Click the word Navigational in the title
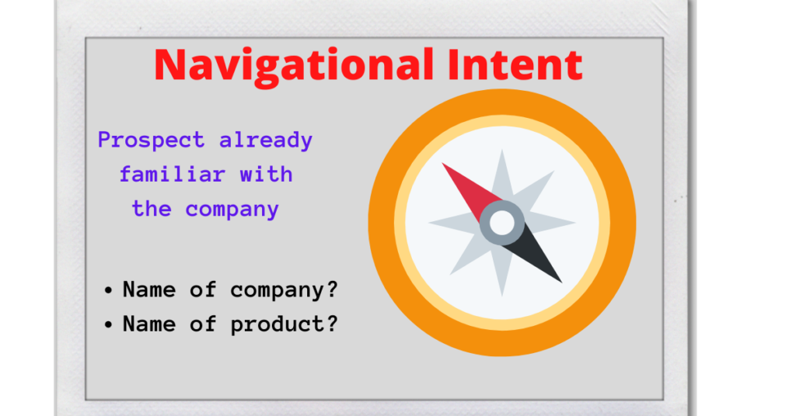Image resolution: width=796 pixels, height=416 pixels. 295,64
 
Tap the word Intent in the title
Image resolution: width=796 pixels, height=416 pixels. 514,64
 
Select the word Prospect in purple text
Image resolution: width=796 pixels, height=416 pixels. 152,140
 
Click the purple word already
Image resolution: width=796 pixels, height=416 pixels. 266,140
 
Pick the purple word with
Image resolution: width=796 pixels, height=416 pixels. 266,175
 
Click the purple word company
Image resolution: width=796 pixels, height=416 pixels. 232,210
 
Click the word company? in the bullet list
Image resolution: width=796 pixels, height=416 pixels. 285,290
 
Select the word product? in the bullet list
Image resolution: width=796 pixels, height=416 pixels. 285,324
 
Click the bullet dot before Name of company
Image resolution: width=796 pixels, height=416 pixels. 108,291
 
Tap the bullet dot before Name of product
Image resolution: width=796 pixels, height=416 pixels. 108,324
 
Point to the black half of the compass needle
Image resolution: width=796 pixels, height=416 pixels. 536,256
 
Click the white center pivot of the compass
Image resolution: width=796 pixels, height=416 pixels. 502,224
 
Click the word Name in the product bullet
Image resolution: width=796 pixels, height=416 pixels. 149,324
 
